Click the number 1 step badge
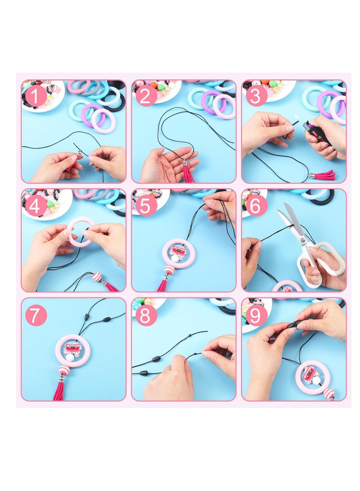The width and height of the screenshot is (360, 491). [x=36, y=96]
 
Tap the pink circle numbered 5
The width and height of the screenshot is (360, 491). [x=146, y=205]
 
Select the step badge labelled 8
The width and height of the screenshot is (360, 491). [x=146, y=315]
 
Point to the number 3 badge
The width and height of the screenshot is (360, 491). [x=256, y=96]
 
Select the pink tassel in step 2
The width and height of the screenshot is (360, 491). [x=188, y=174]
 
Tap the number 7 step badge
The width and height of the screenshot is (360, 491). [x=36, y=315]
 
